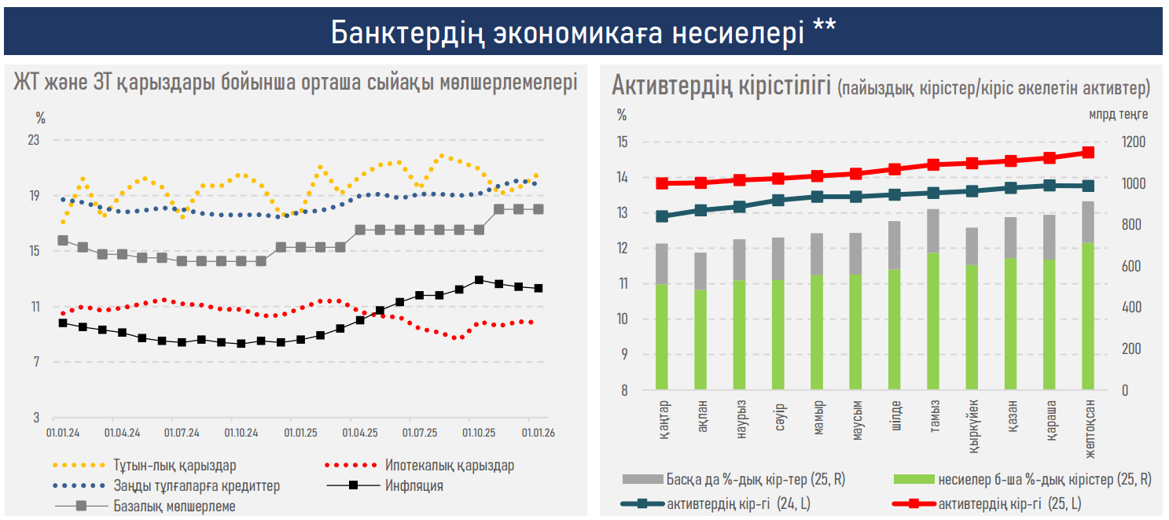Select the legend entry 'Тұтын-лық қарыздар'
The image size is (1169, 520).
coord(174,465)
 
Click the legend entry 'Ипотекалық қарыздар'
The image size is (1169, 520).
coord(450,465)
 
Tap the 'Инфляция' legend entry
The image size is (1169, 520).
coord(414,485)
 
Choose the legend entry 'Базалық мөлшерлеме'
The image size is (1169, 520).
coord(174,506)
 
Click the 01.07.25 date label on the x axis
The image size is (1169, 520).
coord(420,433)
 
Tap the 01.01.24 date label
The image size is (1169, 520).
coord(64,433)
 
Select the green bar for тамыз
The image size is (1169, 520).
coord(933,321)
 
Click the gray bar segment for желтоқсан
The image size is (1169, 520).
coord(1088,222)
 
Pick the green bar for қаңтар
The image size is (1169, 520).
coord(662,337)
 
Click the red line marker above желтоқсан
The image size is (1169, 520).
coord(1088,153)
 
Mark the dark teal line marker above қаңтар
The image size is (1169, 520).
coord(662,216)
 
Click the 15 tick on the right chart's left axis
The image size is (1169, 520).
coord(622,142)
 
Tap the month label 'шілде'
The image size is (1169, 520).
coord(895,415)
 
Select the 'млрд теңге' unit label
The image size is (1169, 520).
coord(1118,114)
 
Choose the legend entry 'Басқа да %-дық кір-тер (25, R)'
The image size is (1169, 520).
coord(755,478)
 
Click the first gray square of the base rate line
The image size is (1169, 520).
coord(63,241)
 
